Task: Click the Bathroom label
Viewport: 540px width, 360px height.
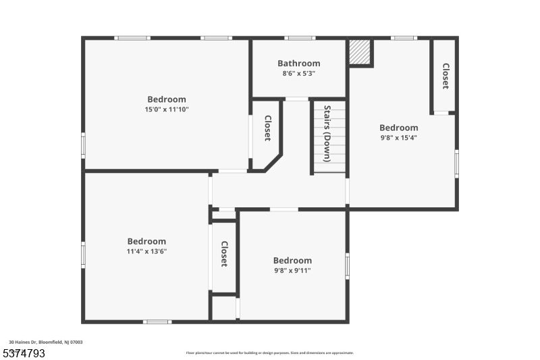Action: (299, 63)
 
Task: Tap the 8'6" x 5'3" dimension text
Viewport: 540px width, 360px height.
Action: (299, 73)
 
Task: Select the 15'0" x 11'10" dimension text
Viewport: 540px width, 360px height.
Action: (167, 109)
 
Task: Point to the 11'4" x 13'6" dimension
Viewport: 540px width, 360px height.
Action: (146, 251)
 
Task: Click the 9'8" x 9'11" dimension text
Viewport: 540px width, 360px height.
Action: (292, 270)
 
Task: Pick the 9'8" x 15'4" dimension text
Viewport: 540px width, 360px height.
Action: (398, 137)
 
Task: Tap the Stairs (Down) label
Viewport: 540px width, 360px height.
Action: (327, 133)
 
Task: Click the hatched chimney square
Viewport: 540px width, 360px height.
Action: (361, 53)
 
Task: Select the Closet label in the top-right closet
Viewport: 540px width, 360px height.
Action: (446, 76)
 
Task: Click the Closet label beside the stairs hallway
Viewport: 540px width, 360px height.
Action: (267, 128)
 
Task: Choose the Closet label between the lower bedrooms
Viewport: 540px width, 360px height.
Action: (224, 253)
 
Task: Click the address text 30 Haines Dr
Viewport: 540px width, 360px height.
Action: (46, 342)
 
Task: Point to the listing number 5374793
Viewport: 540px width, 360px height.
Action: (24, 353)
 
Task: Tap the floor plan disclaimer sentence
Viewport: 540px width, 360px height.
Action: (270, 353)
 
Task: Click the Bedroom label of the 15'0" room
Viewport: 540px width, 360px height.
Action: (167, 99)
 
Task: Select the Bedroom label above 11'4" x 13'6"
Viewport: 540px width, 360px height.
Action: (146, 241)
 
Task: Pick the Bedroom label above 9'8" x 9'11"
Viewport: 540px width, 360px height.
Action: (292, 261)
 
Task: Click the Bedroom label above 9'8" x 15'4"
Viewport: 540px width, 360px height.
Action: (398, 128)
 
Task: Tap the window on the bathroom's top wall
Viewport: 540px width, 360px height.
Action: (300, 38)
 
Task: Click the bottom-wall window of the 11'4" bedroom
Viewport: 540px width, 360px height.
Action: (157, 322)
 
